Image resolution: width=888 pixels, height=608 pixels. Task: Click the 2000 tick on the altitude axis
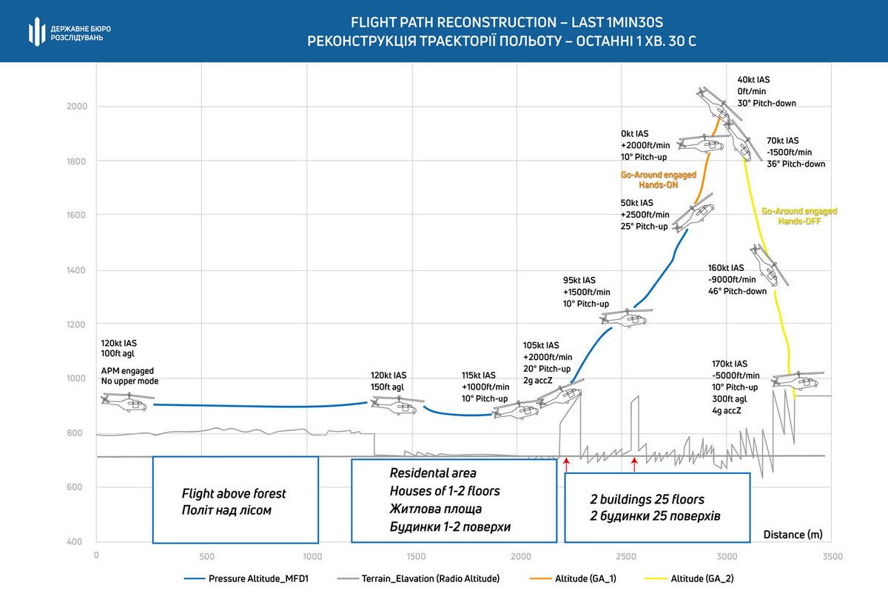pyautogui.click(x=78, y=107)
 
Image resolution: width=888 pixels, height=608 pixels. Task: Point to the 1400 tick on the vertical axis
pyautogui.click(x=78, y=270)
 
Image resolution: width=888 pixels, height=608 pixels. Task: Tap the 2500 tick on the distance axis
pyautogui.click(x=626, y=555)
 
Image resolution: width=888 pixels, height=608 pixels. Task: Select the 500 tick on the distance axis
pyautogui.click(x=206, y=555)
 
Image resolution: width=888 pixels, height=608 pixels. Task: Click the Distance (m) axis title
pyautogui.click(x=793, y=534)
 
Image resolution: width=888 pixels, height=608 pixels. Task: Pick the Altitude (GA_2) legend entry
pyautogui.click(x=702, y=579)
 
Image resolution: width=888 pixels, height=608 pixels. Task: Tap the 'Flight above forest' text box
pyautogui.click(x=235, y=500)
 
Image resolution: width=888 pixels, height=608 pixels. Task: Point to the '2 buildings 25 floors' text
pyautogui.click(x=647, y=499)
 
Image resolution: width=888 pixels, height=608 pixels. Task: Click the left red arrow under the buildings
pyautogui.click(x=566, y=464)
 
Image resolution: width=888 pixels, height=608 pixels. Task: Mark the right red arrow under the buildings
pyautogui.click(x=634, y=464)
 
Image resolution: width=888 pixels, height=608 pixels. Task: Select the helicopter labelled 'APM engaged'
pyautogui.click(x=124, y=401)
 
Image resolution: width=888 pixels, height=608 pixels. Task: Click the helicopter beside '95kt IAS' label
pyautogui.click(x=625, y=317)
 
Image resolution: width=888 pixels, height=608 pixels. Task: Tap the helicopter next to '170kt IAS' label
pyautogui.click(x=796, y=380)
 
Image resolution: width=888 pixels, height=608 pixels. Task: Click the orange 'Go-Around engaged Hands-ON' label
pyautogui.click(x=658, y=180)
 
